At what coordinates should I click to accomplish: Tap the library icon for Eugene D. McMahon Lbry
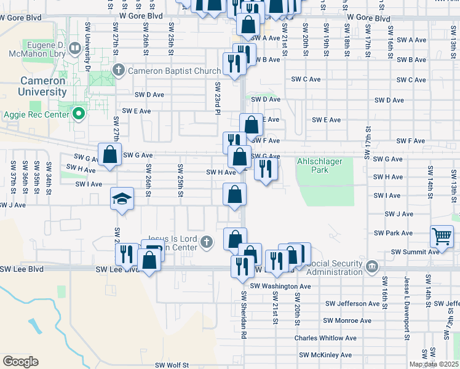[x=74, y=47]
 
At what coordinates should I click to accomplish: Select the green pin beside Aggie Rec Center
[x=78, y=113]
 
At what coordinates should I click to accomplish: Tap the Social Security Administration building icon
[x=371, y=266]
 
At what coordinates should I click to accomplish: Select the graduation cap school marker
[x=122, y=199]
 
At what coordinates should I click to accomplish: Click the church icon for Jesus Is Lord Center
[x=208, y=242]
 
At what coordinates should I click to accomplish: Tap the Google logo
[x=20, y=362]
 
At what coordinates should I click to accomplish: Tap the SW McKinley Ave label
[x=325, y=355]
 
